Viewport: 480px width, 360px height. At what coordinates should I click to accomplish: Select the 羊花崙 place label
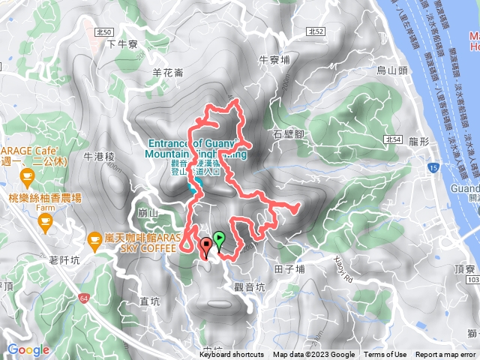[168, 72]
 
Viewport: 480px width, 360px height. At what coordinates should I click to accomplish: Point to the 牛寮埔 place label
[274, 58]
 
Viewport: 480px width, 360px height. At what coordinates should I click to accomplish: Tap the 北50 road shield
[104, 32]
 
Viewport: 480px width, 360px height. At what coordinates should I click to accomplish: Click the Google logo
[28, 349]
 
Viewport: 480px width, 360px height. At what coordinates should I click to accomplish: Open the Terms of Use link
[385, 355]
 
